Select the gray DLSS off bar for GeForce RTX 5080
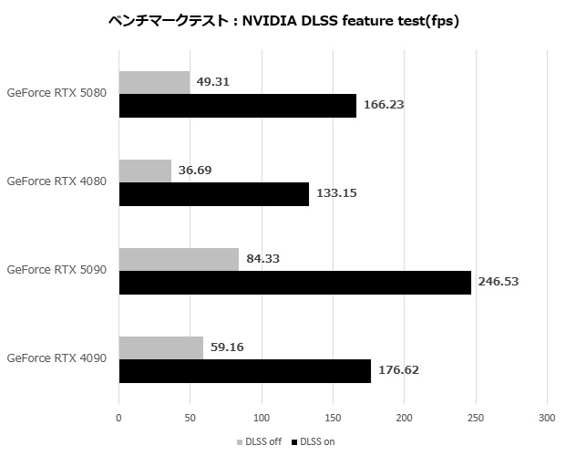pyautogui.click(x=154, y=82)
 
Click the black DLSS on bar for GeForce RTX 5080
pyautogui.click(x=237, y=105)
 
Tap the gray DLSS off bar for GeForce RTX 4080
pyautogui.click(x=145, y=171)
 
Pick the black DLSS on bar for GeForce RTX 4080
pyautogui.click(x=213, y=193)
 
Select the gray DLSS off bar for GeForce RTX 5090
pyautogui.click(x=179, y=259)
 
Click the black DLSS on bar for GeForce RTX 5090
pyautogui.click(x=294, y=282)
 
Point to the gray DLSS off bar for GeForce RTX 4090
pyautogui.click(x=160, y=347)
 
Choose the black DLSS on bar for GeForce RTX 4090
pyautogui.click(x=244, y=370)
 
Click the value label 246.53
pyautogui.click(x=498, y=282)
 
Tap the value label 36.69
pyautogui.click(x=197, y=171)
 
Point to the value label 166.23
pyautogui.click(x=384, y=105)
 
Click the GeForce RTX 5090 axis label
pyautogui.click(x=56, y=270)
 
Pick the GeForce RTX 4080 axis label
pyautogui.click(x=56, y=181)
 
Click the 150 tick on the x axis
pyautogui.click(x=333, y=419)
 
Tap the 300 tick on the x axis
pyautogui.click(x=546, y=419)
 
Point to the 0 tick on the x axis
pyautogui.click(x=118, y=419)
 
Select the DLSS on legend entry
pyautogui.click(x=314, y=442)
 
